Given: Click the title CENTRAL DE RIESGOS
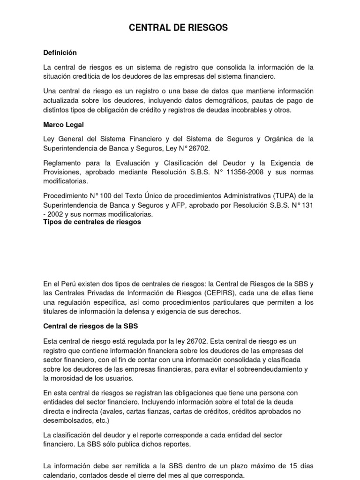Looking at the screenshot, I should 178,28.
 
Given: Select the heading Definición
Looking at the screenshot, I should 60,53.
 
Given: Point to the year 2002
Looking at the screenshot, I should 58,213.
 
